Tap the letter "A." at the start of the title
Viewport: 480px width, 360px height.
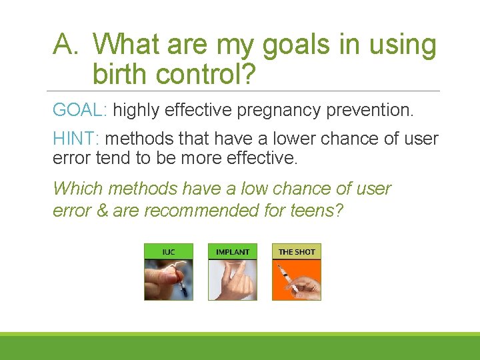[x=67, y=45]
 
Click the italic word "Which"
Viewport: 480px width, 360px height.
[x=77, y=189]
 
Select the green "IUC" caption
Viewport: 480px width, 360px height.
[x=169, y=252]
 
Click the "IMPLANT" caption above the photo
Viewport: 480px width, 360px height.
[x=233, y=252]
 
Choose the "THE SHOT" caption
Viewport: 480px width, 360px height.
[x=297, y=252]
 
